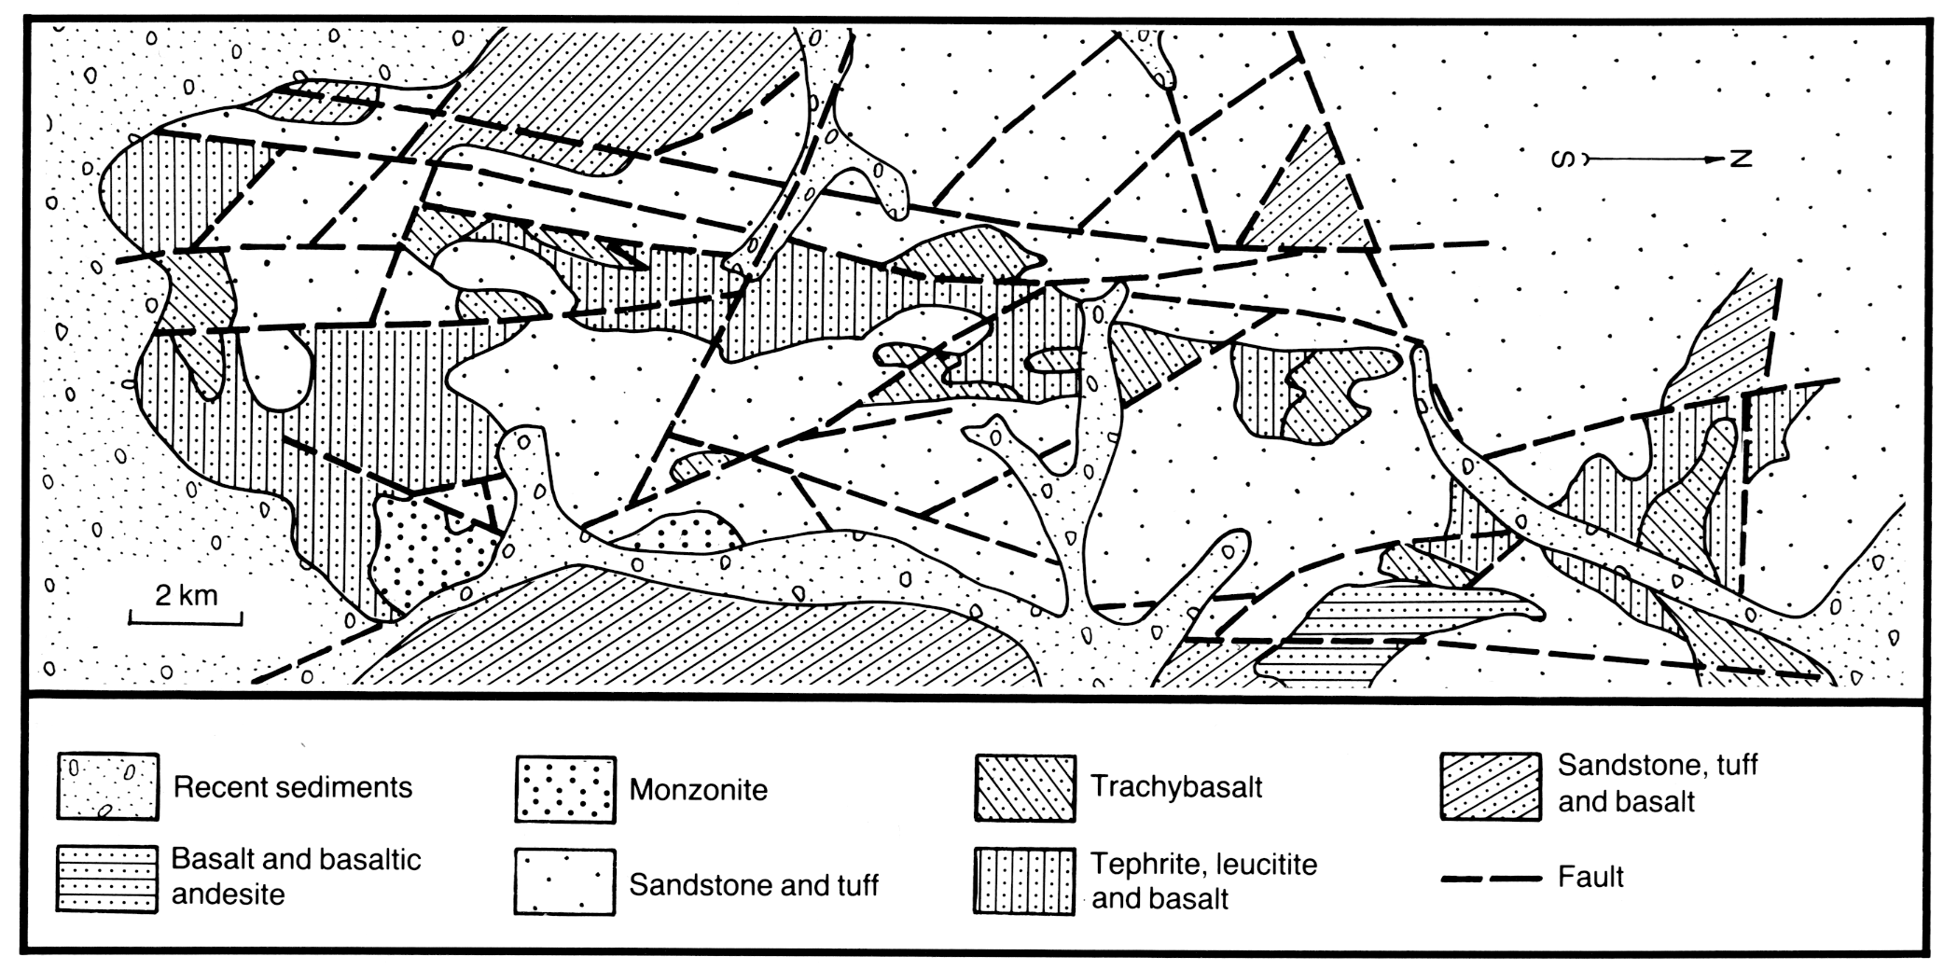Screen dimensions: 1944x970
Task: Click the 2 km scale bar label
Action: coord(186,594)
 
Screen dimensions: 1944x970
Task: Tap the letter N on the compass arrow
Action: coord(1741,159)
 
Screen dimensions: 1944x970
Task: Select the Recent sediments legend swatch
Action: coord(107,786)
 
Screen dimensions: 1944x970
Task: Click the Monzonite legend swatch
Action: coord(565,789)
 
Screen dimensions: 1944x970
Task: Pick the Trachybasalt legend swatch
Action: coord(1024,788)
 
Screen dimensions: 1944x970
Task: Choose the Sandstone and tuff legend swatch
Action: coord(564,881)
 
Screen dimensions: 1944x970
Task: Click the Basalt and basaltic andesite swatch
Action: coord(106,880)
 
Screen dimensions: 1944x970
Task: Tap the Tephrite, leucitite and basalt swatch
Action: coord(1024,880)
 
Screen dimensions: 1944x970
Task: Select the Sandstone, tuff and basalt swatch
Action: coord(1490,786)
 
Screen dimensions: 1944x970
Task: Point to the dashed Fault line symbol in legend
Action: coord(1491,878)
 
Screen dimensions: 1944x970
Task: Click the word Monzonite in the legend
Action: coord(699,790)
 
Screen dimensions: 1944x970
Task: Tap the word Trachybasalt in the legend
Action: coord(1177,787)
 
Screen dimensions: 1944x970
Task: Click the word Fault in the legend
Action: coord(1590,877)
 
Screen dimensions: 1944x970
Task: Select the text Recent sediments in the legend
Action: coord(293,787)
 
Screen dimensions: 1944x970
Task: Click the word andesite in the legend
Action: coord(228,894)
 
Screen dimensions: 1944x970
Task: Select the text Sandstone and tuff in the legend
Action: coord(754,884)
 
